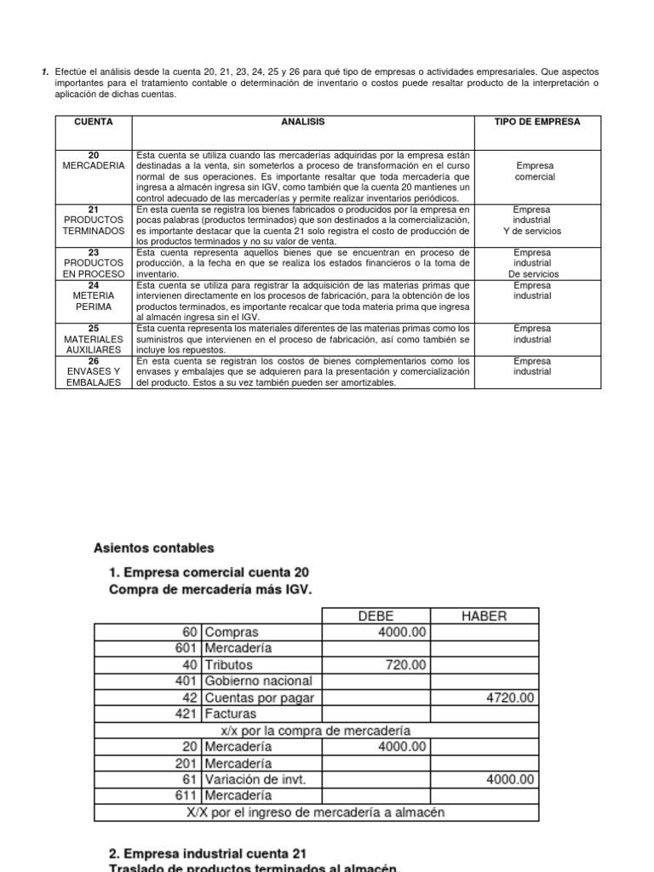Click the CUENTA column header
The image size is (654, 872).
94,123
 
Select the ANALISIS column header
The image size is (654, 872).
303,123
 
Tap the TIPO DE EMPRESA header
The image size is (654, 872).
536,123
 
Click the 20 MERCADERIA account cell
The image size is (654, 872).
94,160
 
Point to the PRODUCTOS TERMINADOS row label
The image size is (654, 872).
94,225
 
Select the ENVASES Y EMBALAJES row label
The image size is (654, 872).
94,371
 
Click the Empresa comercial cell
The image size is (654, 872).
536,171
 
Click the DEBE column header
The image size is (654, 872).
376,616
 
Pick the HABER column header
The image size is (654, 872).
485,616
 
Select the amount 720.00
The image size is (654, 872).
405,665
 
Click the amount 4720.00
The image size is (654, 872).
511,697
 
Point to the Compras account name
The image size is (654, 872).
231,633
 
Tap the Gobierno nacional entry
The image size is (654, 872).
258,681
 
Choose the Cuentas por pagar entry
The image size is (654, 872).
259,697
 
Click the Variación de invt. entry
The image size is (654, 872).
255,779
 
